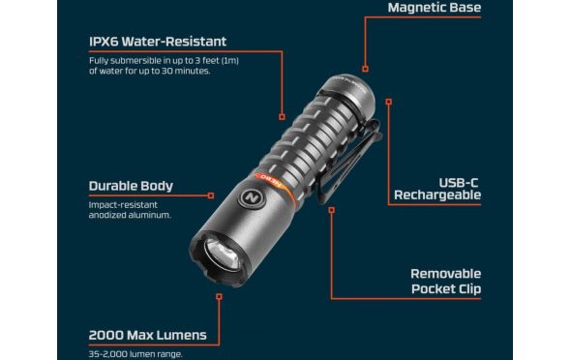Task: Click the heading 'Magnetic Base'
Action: click(x=435, y=8)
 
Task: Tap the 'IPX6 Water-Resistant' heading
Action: click(x=158, y=42)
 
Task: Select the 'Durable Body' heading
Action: click(x=131, y=186)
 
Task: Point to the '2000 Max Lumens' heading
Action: click(x=147, y=335)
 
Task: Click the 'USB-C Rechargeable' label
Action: click(x=437, y=189)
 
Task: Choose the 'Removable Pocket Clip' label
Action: click(x=446, y=281)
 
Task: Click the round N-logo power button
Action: click(x=252, y=198)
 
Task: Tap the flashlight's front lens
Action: click(x=223, y=255)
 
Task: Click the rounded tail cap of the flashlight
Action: click(x=347, y=93)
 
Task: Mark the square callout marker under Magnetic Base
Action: click(x=365, y=69)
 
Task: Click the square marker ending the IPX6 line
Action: click(x=282, y=117)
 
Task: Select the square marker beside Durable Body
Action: click(x=211, y=195)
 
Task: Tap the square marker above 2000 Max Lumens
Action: click(x=219, y=297)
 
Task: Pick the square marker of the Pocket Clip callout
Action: click(x=331, y=210)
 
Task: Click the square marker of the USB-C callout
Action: click(x=389, y=102)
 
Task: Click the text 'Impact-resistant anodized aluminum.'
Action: click(x=130, y=210)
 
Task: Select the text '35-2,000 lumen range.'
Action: click(x=135, y=354)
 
